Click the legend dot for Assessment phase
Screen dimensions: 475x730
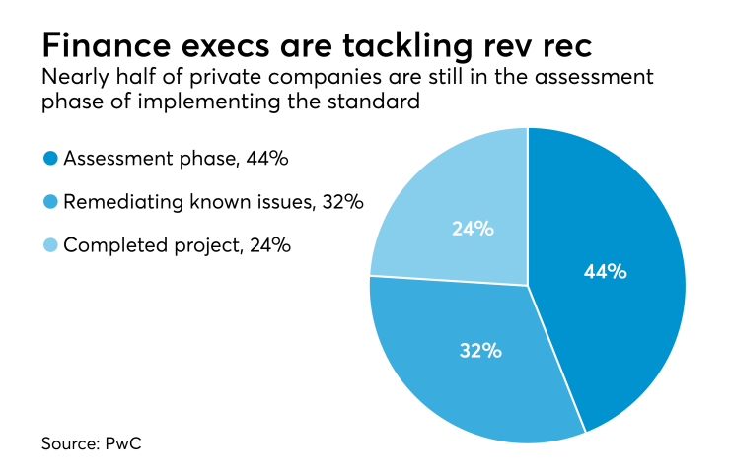pyautogui.click(x=49, y=159)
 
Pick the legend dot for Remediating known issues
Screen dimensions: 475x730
pyautogui.click(x=49, y=202)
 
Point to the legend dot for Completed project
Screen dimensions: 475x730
pyautogui.click(x=49, y=245)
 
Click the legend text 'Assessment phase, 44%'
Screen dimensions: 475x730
pyautogui.click(x=161, y=159)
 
